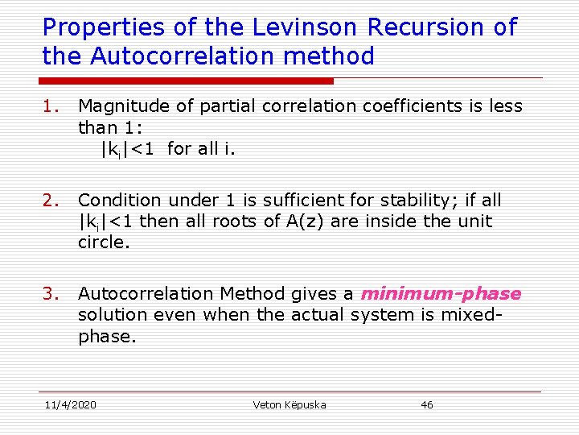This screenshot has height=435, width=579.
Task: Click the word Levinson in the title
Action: coord(296,27)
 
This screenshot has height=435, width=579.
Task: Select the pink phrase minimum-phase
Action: coord(441,294)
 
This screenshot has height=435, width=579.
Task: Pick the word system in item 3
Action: coord(387,315)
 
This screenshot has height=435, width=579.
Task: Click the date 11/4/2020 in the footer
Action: coord(70,404)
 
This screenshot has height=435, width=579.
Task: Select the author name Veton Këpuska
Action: coord(289,404)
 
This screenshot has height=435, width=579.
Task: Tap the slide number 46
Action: coord(427,404)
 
